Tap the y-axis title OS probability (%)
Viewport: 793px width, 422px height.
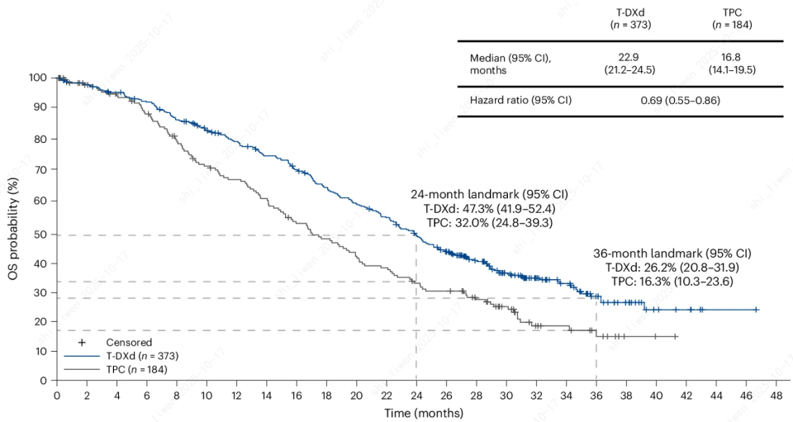pos(14,229)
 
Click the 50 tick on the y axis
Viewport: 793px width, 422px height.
pos(40,235)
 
